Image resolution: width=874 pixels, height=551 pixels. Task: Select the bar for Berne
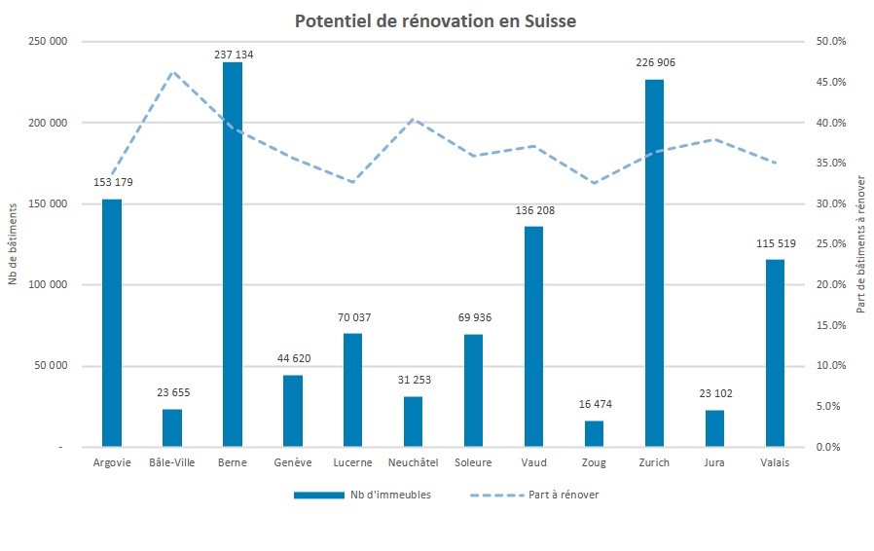coord(233,253)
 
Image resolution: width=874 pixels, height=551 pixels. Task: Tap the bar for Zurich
coord(654,263)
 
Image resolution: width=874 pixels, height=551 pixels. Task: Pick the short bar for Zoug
coord(594,434)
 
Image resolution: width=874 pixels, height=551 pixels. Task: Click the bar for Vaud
coord(533,336)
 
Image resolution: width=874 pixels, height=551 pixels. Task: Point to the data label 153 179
coord(112,182)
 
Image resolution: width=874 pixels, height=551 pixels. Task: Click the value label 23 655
coord(172,392)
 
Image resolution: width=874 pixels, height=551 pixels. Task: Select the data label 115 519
coord(775,243)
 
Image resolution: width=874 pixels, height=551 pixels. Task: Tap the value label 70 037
coord(352,317)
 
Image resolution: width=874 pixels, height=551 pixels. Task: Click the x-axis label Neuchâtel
coord(413,462)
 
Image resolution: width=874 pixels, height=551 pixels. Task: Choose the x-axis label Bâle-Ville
coord(172,462)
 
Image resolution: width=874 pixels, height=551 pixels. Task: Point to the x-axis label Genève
coord(293,462)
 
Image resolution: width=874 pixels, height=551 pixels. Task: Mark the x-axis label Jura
coord(714,462)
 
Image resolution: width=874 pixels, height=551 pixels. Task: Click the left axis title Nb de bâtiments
coord(14,244)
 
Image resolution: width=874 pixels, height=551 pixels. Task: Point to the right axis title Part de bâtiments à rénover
coord(860,244)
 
